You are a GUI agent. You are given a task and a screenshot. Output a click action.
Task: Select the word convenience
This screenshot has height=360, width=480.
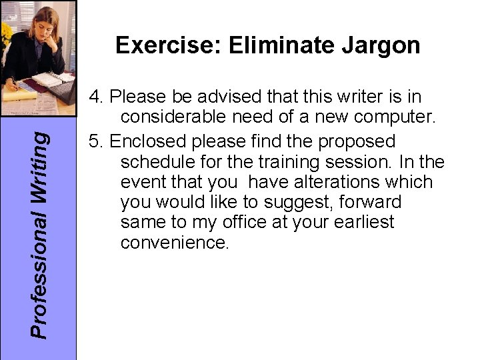[x=175, y=242]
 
